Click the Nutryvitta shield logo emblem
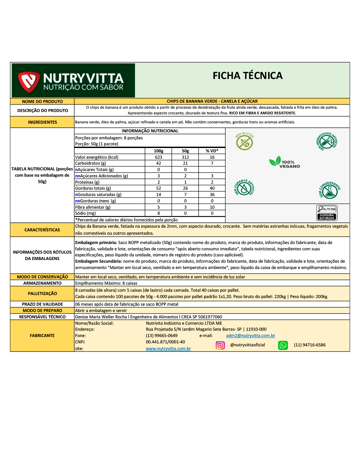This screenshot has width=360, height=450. pos(29,81)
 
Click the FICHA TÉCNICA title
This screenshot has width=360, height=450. pos(247,76)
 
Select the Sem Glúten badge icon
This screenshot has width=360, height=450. pos(245,141)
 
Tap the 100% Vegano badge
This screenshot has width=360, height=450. pos(285,162)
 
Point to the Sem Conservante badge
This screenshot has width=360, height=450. pos(329,190)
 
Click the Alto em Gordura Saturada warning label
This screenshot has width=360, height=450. pos(327,213)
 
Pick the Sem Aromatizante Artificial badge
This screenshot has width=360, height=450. pos(327,141)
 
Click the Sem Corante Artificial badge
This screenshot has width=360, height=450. pos(244,188)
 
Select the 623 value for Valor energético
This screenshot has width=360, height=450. pos(158,157)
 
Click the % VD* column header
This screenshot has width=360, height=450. pos(212,151)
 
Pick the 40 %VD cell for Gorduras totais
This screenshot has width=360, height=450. pos(212,188)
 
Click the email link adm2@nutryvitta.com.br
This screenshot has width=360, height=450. pos(250,336)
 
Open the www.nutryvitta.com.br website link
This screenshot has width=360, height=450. pos(168,349)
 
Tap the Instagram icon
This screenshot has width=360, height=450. pos(220,345)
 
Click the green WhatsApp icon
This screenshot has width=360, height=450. pos(283,345)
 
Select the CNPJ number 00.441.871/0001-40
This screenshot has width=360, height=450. pos(165,342)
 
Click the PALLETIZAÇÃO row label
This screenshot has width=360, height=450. pos(42,294)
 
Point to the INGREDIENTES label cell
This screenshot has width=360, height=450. pos(42,122)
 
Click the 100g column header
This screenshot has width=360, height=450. pos(158,151)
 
